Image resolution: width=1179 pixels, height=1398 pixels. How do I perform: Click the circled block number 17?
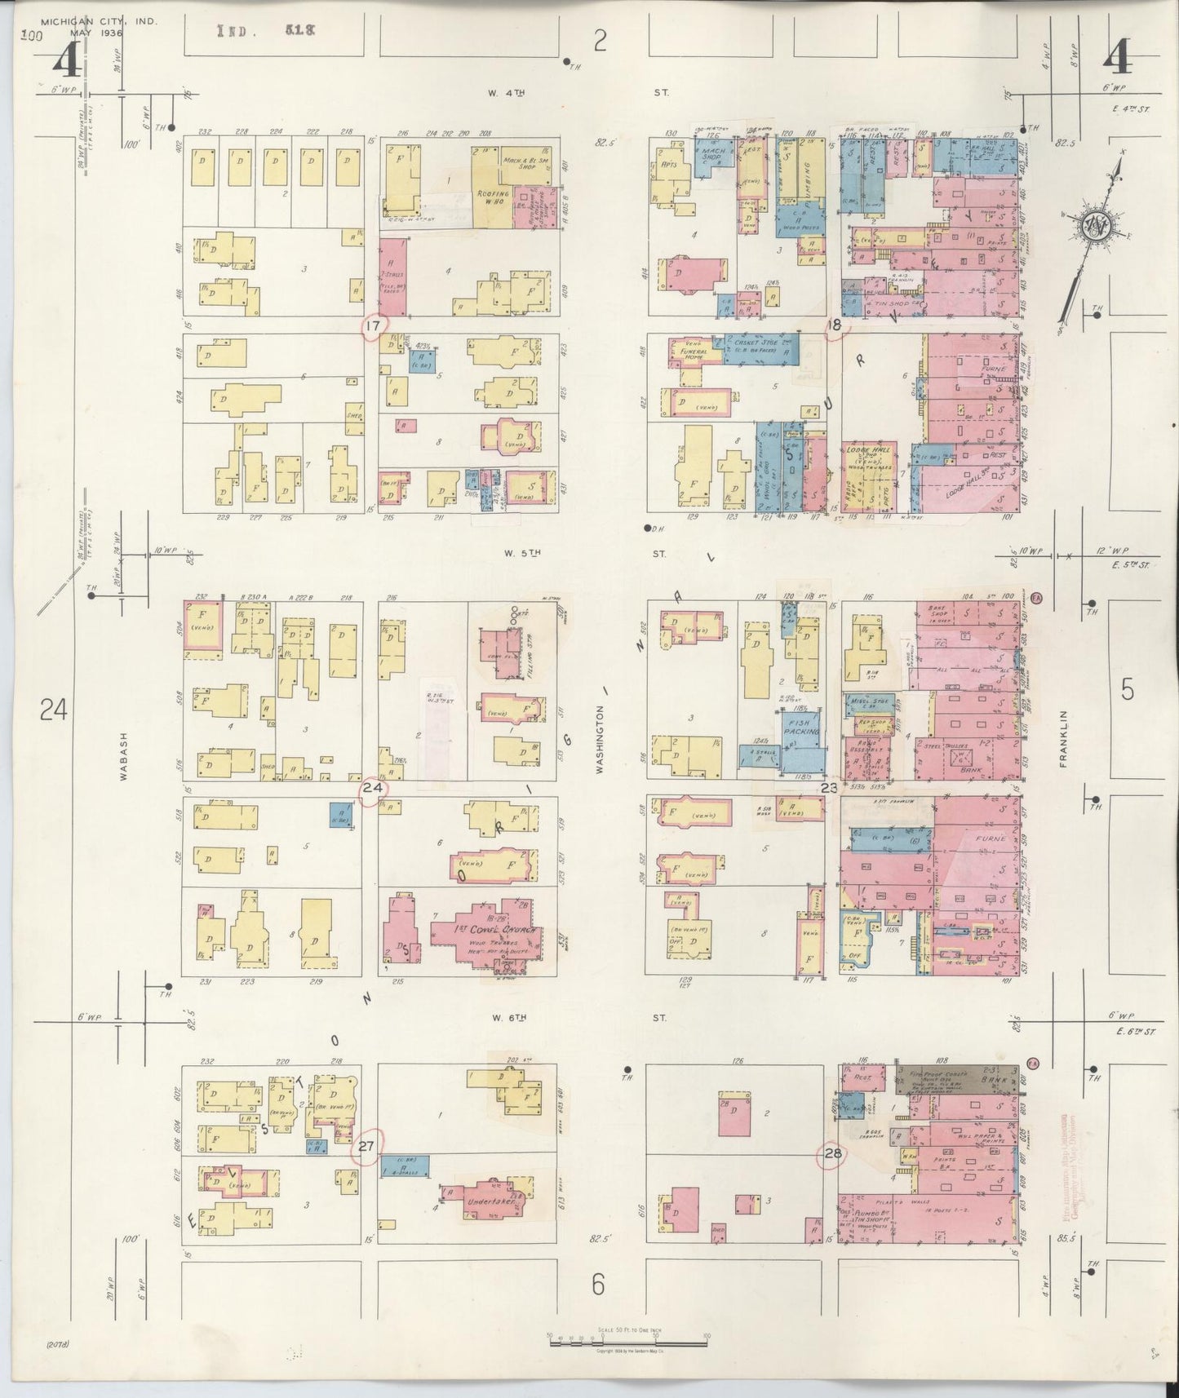[x=374, y=327]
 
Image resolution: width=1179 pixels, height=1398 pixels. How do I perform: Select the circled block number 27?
[x=366, y=1147]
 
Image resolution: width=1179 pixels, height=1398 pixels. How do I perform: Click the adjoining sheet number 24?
[x=52, y=711]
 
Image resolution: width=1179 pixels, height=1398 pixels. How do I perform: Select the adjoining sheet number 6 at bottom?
[x=598, y=1286]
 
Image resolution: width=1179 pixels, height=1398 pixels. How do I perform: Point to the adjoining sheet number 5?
[x=1127, y=691]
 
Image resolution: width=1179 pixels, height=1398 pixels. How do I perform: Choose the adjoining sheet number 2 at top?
[x=601, y=40]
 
